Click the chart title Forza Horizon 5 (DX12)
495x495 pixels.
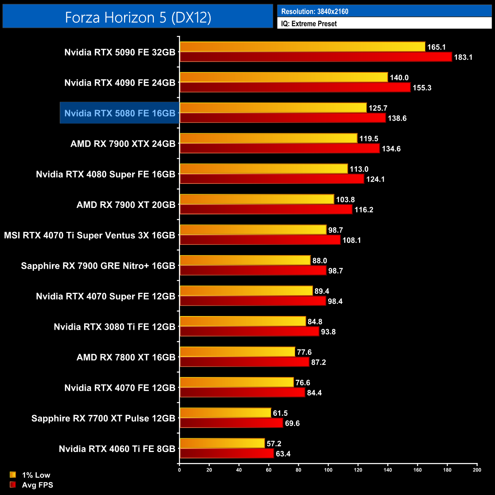[138, 17]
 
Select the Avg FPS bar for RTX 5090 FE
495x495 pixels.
[316, 57]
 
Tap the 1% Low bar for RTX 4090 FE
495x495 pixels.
[284, 77]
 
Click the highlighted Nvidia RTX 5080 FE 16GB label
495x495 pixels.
[120, 113]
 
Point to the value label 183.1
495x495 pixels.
[463, 57]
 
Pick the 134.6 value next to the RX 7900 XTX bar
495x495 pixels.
[391, 149]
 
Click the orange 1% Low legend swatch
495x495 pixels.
[13, 475]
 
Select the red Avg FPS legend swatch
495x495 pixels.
[13, 485]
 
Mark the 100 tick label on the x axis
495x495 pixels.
[328, 470]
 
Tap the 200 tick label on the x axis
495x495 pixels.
[477, 470]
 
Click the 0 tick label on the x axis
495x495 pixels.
[179, 470]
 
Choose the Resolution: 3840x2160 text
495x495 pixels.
[315, 11]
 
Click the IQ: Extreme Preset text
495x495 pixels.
[309, 24]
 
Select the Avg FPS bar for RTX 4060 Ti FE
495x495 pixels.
[227, 453]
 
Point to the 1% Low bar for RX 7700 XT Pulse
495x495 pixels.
[225, 413]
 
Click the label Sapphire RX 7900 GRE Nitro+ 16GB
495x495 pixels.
[98, 266]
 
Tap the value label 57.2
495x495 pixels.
[274, 444]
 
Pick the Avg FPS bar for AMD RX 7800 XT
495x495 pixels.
[244, 362]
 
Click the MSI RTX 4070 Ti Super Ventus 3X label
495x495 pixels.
[89, 235]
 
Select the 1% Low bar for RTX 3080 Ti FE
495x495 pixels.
[243, 321]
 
